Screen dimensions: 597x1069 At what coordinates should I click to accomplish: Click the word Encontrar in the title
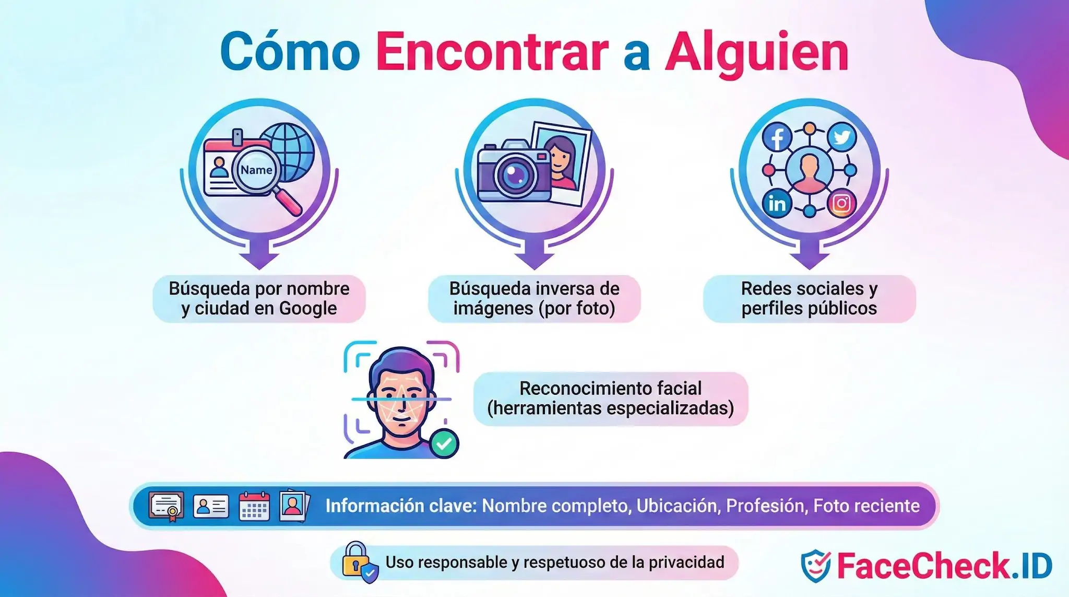pos(492,52)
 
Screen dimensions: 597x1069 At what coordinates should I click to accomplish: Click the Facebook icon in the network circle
pos(777,137)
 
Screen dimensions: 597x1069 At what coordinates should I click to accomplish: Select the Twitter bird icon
pos(841,137)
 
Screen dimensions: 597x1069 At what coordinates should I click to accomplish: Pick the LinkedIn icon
pos(777,204)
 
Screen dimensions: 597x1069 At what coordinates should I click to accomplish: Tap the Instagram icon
pos(841,203)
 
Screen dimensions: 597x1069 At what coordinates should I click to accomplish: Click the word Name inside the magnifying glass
pos(256,170)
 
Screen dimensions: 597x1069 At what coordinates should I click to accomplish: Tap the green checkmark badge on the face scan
pos(444,443)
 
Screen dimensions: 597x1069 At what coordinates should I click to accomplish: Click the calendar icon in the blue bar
pos(254,506)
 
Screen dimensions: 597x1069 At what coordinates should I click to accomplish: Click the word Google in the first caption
pos(308,308)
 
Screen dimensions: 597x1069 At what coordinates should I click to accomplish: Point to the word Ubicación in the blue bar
pos(678,506)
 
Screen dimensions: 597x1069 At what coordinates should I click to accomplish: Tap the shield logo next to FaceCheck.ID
pos(815,566)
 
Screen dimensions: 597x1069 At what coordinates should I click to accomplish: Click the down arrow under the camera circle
pos(534,256)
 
